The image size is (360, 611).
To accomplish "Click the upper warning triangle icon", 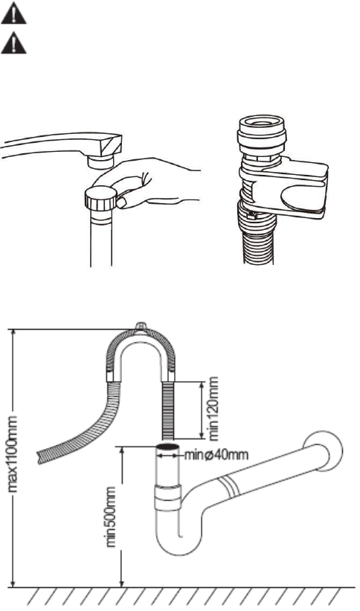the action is (13, 15).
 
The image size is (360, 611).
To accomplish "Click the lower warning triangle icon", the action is (13, 44).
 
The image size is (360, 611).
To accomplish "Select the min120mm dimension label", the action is (213, 409).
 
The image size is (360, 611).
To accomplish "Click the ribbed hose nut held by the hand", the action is (101, 197).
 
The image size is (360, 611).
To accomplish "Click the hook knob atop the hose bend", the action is (141, 327).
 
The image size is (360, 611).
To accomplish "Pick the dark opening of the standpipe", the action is (168, 447).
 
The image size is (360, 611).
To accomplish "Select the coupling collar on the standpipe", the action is (168, 497).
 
